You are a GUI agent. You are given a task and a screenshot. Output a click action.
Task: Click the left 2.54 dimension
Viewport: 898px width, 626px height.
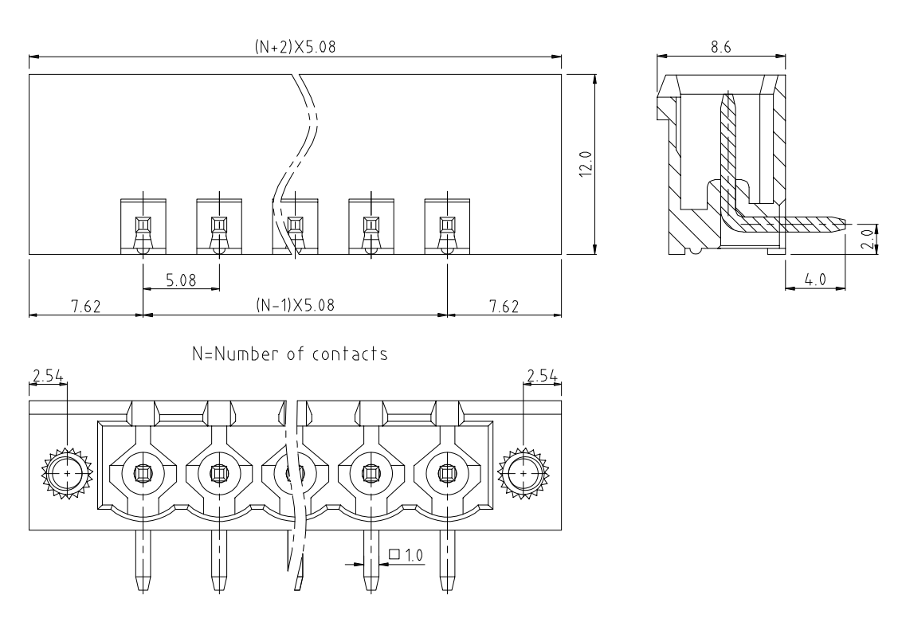click(x=48, y=375)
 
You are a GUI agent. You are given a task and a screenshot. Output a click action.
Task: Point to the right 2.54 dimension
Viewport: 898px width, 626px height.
click(x=542, y=375)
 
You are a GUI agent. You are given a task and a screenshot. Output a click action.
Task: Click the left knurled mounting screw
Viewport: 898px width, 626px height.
click(x=67, y=473)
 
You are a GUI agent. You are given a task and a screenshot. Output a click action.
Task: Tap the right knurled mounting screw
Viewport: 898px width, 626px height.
click(x=523, y=473)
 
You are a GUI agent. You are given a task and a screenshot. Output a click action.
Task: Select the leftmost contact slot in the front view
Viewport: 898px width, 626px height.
click(x=143, y=225)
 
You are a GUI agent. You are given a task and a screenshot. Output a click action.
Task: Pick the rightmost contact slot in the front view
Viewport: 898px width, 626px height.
click(x=447, y=225)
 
